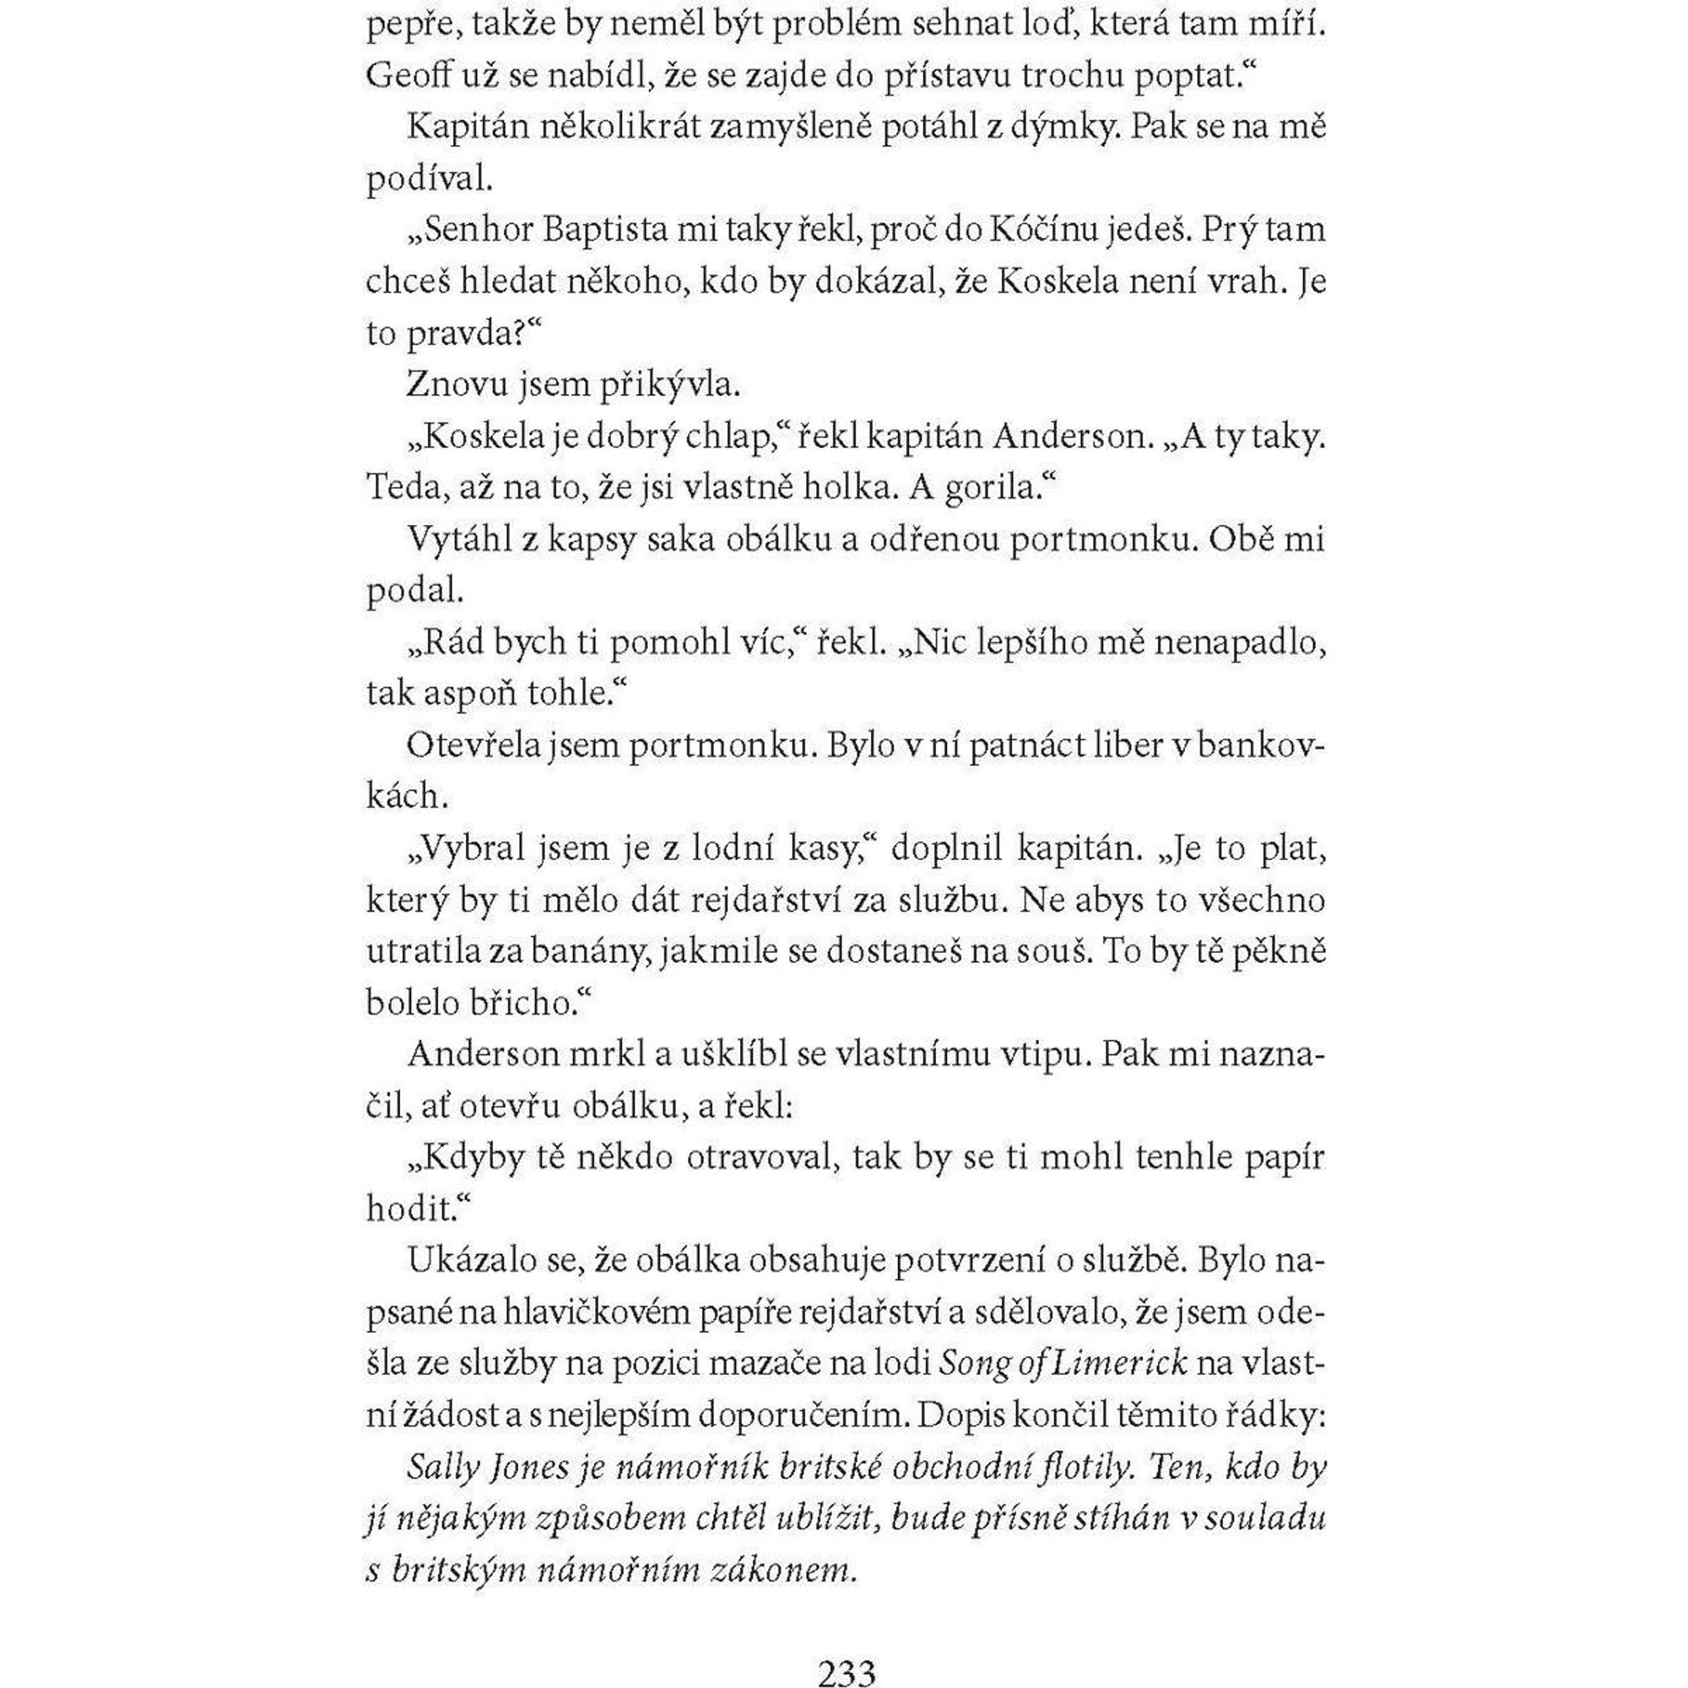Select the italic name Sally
(444, 1468)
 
